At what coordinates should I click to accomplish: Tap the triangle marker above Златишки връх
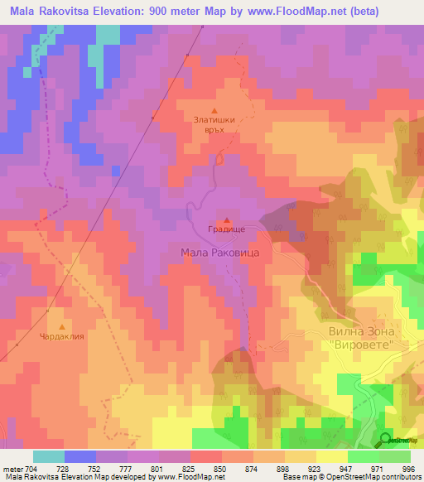[x=215, y=109]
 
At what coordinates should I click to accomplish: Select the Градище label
[x=226, y=232]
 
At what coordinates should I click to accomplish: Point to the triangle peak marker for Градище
[x=227, y=221]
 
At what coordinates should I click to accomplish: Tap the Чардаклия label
[x=61, y=337]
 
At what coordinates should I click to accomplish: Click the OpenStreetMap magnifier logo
[x=387, y=440]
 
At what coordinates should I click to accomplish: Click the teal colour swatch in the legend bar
[x=49, y=456]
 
